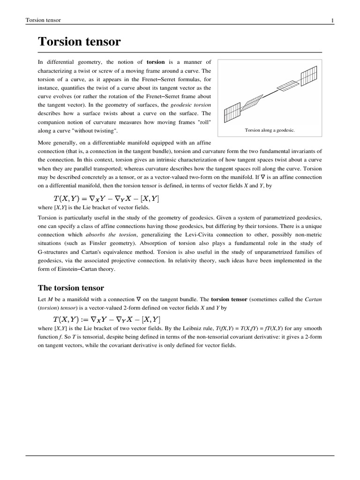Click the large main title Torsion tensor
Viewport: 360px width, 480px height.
(79, 42)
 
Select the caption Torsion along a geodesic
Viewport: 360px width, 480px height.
(270, 130)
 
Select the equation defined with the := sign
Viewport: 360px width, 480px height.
(105, 319)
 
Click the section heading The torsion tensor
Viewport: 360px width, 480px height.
(71, 287)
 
